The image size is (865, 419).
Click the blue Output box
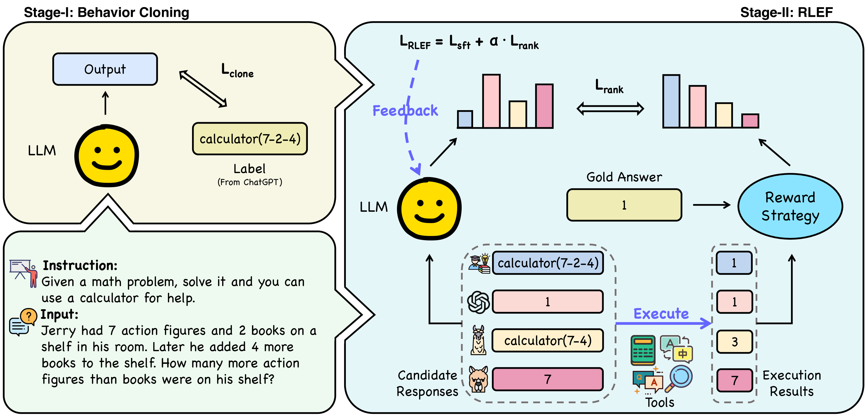(105, 69)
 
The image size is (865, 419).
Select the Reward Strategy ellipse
(790, 206)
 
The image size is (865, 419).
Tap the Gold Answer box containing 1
(624, 205)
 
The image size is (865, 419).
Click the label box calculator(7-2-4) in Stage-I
(250, 139)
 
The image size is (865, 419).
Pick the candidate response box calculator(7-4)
(548, 340)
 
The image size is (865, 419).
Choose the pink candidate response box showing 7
(548, 379)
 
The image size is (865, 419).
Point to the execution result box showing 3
(734, 342)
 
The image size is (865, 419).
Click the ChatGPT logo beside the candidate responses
(478, 302)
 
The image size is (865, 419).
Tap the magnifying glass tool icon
(679, 378)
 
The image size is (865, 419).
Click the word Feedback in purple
(405, 110)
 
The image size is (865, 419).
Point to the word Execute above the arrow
(661, 313)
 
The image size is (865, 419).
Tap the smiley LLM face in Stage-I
(106, 155)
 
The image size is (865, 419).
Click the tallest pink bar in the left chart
(491, 101)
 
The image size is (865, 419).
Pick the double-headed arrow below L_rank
(610, 109)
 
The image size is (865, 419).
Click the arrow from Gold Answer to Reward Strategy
(712, 204)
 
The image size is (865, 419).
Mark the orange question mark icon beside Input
(28, 316)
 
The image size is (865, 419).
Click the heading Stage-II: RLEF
(786, 12)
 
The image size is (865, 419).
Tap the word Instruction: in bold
(80, 265)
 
